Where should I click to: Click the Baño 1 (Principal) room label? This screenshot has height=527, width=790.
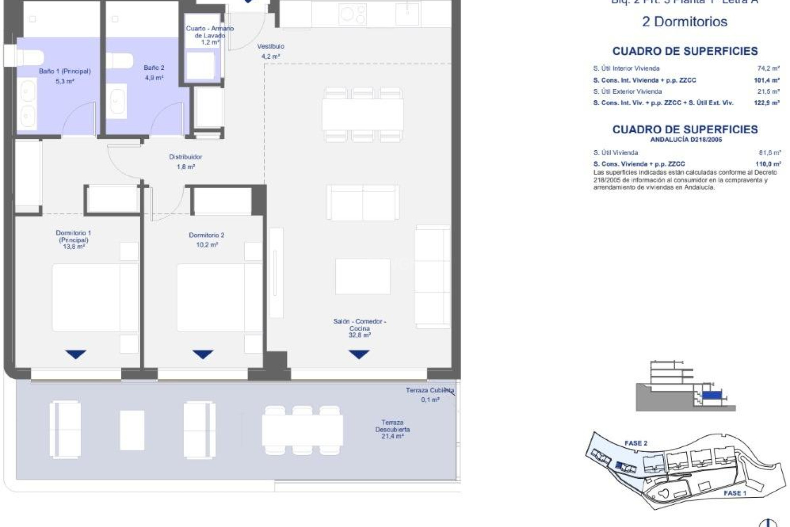click(x=65, y=71)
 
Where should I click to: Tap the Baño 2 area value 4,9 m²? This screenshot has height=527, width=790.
click(x=154, y=78)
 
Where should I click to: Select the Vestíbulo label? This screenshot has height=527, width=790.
click(x=270, y=47)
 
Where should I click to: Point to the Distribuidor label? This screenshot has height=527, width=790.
click(x=186, y=157)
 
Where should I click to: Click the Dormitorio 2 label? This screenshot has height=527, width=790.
click(x=207, y=235)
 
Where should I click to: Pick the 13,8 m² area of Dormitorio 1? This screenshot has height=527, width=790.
click(x=74, y=247)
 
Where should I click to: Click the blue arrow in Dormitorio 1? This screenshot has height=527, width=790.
click(x=76, y=354)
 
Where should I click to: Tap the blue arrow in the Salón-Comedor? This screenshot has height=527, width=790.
click(x=359, y=354)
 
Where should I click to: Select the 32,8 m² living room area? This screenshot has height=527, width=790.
click(x=360, y=336)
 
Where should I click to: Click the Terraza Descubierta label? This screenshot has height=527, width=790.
click(x=392, y=426)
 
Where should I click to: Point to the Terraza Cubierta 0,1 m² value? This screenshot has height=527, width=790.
click(x=430, y=400)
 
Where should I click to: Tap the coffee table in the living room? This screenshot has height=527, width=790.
click(x=362, y=276)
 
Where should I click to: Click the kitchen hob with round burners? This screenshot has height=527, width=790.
click(x=353, y=15)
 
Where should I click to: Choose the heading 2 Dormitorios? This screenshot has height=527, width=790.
click(x=684, y=21)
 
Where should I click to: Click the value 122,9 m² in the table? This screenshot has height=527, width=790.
click(x=767, y=103)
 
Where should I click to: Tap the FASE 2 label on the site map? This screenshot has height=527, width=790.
click(x=636, y=443)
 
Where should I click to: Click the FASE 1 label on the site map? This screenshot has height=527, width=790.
click(x=735, y=493)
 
